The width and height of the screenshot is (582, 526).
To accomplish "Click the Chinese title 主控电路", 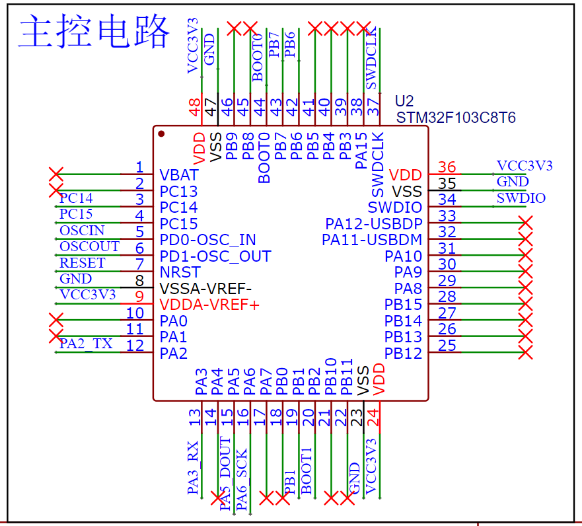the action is [94, 31].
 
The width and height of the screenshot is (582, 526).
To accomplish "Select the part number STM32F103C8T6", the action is [456, 118].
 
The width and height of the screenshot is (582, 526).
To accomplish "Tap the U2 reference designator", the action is [404, 101].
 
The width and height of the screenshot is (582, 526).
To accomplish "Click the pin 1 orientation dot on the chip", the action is [161, 133].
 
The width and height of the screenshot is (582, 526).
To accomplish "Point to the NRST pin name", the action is [180, 272].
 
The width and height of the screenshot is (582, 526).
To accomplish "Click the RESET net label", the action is [83, 263].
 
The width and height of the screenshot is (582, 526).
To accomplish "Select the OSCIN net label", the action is [82, 231].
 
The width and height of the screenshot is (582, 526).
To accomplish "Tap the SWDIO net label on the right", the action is [521, 198].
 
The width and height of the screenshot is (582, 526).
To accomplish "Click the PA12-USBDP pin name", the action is [374, 224].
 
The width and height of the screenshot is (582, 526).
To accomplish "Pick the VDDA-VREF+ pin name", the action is [209, 305].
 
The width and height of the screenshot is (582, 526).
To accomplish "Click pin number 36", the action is [447, 167].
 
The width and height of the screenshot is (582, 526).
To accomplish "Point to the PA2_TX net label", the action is [86, 344].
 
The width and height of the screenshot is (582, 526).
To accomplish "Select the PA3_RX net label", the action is [193, 468].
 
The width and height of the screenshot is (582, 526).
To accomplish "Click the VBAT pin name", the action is [179, 175].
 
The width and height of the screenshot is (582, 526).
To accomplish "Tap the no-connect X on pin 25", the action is [526, 352].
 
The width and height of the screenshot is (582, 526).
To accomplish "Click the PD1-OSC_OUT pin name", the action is [215, 256].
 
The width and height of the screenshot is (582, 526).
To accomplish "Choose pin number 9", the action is [139, 297].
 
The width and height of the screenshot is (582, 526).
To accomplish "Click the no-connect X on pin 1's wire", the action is [56, 174].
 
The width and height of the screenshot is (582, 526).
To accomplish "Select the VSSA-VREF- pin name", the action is [205, 288].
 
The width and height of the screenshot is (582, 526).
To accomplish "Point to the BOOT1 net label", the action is [307, 470].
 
